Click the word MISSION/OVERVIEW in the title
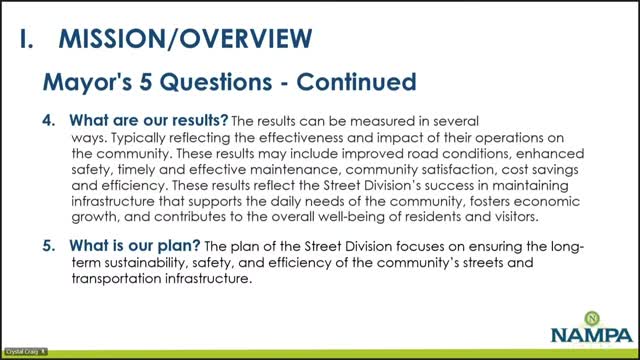click(185, 39)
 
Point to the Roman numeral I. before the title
click(27, 39)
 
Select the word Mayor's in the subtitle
click(87, 82)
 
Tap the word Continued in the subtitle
click(356, 82)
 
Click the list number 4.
click(49, 120)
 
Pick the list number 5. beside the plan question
click(49, 246)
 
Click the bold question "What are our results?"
click(149, 120)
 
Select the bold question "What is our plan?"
click(135, 246)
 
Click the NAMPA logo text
click(591, 335)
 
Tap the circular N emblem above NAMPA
click(592, 318)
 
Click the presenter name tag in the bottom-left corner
click(26, 351)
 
